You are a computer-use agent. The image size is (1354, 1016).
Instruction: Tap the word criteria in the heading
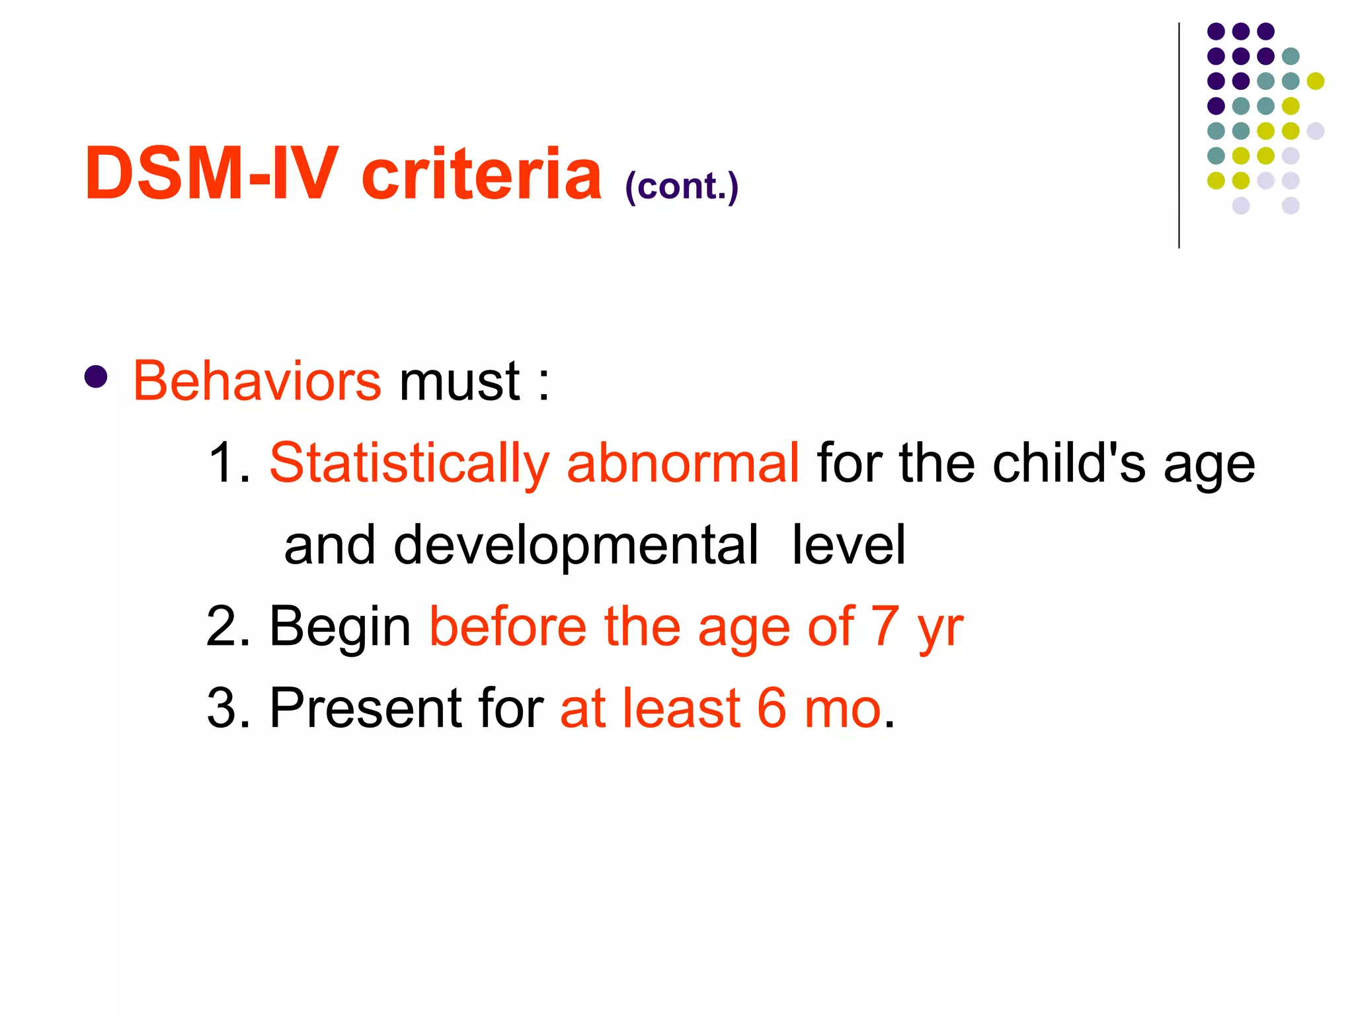(481, 173)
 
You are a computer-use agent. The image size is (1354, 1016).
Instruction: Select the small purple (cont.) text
(681, 187)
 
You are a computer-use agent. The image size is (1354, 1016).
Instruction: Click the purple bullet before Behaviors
(97, 377)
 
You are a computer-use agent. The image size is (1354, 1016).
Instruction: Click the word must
(459, 382)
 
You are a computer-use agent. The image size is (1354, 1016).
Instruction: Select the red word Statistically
(409, 463)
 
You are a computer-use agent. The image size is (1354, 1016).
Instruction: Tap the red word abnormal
(683, 463)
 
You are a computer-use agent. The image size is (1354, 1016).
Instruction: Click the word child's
(1069, 463)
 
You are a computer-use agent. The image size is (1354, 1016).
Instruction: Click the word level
(848, 545)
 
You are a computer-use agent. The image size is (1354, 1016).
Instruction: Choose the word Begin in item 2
(340, 626)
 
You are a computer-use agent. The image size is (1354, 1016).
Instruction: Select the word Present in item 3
(365, 708)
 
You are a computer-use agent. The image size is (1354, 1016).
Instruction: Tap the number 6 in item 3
(772, 708)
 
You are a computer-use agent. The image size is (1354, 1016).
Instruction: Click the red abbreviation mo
(843, 710)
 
